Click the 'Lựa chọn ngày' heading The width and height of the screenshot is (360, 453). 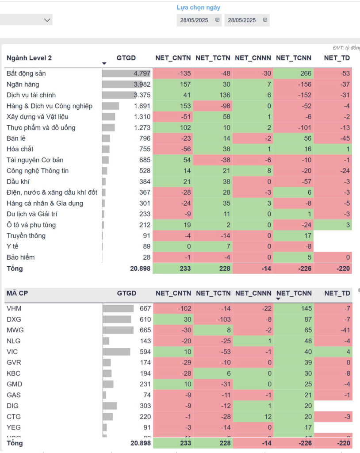pyautogui.click(x=198, y=8)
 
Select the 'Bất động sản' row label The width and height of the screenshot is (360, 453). pyautogui.click(x=26, y=73)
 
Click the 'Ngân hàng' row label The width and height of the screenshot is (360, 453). pyautogui.click(x=23, y=84)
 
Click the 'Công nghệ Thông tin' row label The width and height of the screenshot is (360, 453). pyautogui.click(x=38, y=171)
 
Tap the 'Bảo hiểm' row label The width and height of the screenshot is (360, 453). pyautogui.click(x=21, y=257)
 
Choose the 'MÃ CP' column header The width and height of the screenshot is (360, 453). pyautogui.click(x=17, y=293)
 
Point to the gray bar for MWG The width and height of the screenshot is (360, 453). pyautogui.click(x=118, y=330)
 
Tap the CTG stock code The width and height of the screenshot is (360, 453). pyautogui.click(x=14, y=417)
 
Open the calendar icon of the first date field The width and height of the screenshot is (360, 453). pyautogui.click(x=217, y=20)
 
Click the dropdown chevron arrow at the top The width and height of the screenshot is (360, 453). pyautogui.click(x=47, y=20)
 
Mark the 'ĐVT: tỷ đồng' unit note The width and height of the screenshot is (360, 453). pyautogui.click(x=346, y=48)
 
